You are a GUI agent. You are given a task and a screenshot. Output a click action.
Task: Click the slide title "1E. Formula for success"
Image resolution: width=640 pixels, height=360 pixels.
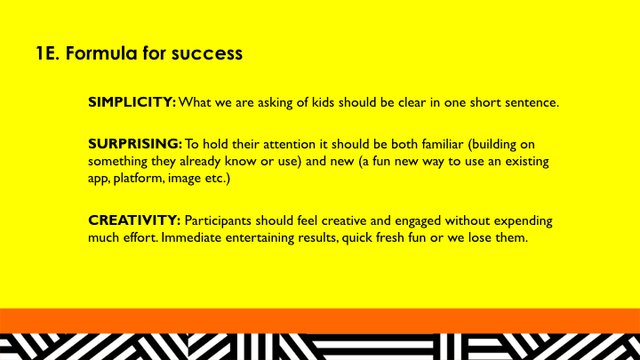(x=138, y=53)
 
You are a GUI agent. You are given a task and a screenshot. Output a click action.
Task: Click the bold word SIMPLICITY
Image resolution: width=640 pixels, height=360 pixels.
(x=132, y=102)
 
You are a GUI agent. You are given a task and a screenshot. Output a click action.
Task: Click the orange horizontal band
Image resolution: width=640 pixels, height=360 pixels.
(x=320, y=320)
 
